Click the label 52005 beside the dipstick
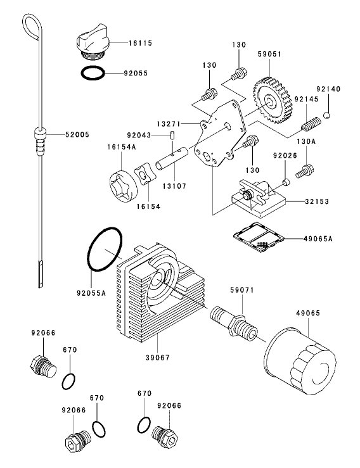pos(78,134)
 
